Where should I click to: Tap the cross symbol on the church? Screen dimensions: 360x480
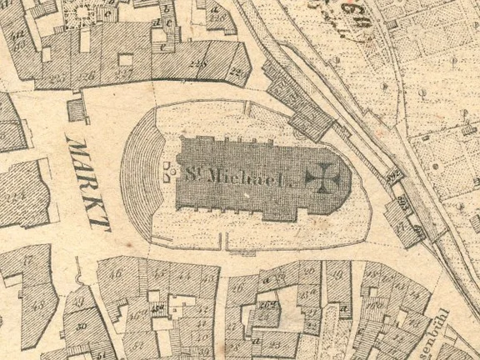[318, 177]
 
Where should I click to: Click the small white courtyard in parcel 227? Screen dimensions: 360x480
[126, 60]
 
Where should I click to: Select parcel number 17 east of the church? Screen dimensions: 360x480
[408, 225]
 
